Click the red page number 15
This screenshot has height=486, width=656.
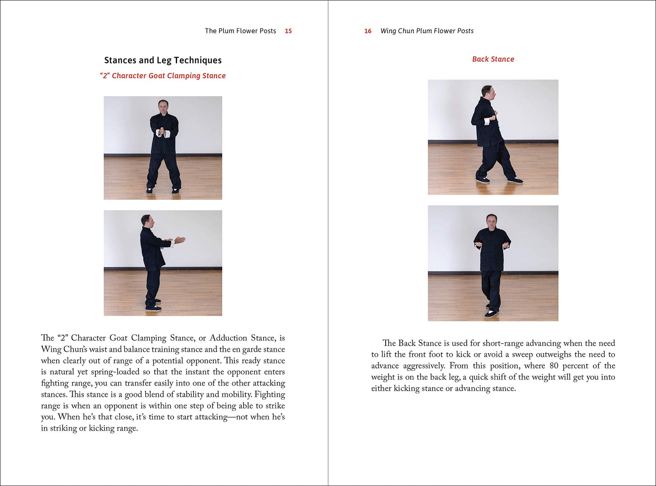click(288, 31)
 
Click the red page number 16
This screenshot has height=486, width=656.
click(368, 31)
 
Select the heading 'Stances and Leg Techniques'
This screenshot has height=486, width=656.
click(163, 60)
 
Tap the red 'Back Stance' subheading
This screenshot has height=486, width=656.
click(493, 59)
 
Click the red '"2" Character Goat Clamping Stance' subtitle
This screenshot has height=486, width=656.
click(163, 76)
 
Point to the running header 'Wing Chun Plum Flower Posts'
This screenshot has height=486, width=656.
click(427, 31)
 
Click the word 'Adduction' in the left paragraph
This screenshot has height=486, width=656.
click(228, 338)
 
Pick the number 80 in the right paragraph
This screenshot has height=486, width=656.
click(554, 366)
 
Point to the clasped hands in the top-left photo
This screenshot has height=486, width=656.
click(163, 132)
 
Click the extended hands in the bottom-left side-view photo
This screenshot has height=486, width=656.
click(179, 240)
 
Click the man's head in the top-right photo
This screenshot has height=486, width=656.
click(487, 92)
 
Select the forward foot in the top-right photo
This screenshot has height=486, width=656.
click(515, 181)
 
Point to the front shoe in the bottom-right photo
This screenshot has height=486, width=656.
click(491, 314)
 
